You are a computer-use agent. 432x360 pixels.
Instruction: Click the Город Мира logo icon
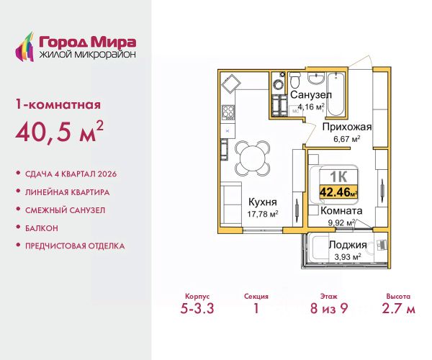(24, 47)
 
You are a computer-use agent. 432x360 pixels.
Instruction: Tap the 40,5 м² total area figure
(60, 131)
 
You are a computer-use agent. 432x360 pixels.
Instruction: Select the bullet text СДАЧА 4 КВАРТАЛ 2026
(71, 174)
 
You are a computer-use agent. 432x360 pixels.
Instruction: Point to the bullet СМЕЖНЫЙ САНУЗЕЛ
(65, 210)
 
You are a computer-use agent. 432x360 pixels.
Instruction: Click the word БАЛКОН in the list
(42, 228)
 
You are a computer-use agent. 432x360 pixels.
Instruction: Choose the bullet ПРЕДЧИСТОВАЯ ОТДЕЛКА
(75, 246)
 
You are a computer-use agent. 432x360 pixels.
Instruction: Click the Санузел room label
(311, 95)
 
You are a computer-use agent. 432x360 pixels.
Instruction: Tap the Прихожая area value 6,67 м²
(347, 139)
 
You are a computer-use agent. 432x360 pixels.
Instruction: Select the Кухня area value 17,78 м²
(263, 214)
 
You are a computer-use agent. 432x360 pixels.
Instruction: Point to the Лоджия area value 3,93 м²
(348, 257)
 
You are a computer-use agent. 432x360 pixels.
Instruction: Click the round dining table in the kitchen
(252, 158)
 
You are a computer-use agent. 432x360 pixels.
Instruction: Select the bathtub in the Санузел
(336, 94)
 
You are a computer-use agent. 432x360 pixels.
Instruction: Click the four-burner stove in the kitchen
(228, 112)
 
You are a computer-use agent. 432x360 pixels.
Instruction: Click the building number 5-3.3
(197, 308)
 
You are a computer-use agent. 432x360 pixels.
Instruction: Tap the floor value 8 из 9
(329, 308)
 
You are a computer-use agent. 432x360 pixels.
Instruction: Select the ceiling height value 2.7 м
(398, 308)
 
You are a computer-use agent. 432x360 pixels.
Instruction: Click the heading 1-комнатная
(58, 104)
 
